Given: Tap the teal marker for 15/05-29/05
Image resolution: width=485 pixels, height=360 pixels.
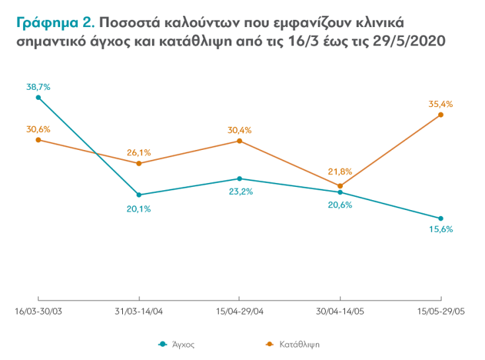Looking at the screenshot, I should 441,219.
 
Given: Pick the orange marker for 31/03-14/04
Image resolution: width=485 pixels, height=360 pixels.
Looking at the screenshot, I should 139,163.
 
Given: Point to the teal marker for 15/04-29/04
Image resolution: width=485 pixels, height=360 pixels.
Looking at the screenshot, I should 239,178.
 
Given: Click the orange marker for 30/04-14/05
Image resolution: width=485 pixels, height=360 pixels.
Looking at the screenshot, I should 340,186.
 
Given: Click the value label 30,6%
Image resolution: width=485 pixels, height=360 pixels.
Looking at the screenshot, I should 38,129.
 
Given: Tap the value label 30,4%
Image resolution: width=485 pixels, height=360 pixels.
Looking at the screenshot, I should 239,130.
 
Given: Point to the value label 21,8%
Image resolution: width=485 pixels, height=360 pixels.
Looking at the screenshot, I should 340,172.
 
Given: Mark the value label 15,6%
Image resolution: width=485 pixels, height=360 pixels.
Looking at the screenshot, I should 440,230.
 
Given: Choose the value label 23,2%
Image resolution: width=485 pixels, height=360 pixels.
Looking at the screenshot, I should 240,192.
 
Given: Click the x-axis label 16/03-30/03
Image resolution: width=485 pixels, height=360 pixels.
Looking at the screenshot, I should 38,311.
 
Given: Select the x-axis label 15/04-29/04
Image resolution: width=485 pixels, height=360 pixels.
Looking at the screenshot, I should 239,311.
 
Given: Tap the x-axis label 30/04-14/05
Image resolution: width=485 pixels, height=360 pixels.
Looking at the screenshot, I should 340,311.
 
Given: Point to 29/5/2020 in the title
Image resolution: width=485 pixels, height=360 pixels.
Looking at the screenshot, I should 412,40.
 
